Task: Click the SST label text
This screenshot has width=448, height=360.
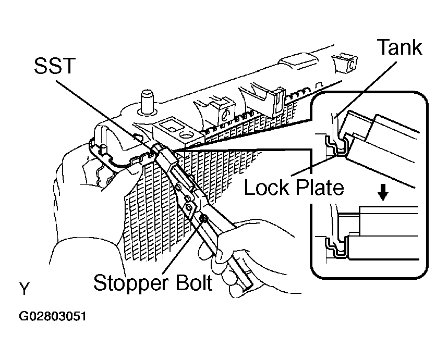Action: [x=55, y=66]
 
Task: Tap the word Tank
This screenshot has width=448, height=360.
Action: [x=399, y=47]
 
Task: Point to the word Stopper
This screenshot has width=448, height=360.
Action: [x=131, y=284]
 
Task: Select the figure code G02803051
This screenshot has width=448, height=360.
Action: [x=53, y=316]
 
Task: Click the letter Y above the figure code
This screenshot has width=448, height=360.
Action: [x=25, y=289]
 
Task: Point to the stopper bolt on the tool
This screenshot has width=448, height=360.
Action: [x=204, y=219]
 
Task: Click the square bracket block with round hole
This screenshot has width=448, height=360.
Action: [x=178, y=130]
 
